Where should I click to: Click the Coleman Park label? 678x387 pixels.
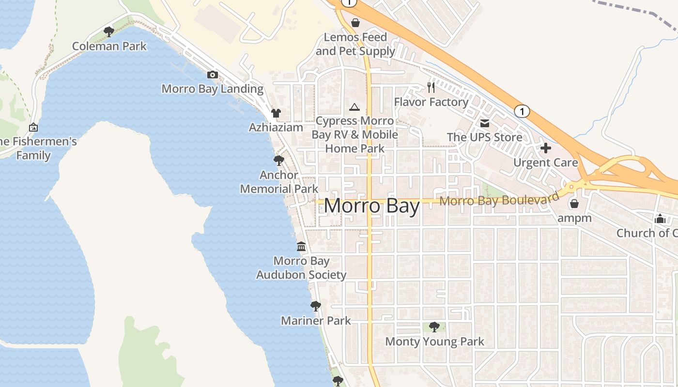coord(109,46)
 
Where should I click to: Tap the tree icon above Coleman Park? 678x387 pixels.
coord(109,32)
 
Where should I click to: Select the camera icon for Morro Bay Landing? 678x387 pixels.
coord(212,74)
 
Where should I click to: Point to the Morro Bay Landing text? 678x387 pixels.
coord(212,89)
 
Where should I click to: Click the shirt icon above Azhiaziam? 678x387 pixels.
coord(276,113)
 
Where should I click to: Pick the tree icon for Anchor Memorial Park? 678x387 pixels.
coord(278,160)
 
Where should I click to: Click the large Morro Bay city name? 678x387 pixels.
coord(371,206)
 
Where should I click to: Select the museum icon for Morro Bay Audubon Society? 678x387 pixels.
coord(301,247)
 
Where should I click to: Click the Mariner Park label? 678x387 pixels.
coord(316,321)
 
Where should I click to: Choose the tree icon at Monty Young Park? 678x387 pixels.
coord(434,327)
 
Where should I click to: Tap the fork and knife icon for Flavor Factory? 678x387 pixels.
coord(431,88)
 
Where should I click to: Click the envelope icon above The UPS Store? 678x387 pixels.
coord(485,123)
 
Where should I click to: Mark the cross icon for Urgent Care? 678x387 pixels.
coord(545,148)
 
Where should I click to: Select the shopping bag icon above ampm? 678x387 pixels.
coord(574,204)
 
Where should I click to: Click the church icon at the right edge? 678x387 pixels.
coord(660,219)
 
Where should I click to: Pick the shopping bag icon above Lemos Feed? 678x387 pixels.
coord(355,23)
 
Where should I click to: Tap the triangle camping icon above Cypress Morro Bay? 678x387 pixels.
coord(354,107)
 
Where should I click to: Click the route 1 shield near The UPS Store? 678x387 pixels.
coord(521,111)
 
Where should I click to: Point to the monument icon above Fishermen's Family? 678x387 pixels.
coord(33,127)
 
